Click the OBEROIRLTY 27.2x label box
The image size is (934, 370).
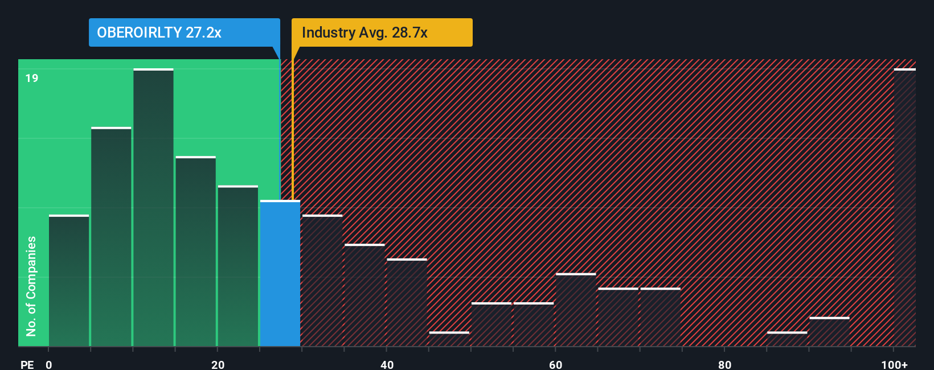point(184,32)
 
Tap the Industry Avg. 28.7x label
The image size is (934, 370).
point(382,32)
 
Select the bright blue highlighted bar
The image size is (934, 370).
point(280,273)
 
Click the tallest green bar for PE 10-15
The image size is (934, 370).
point(153,208)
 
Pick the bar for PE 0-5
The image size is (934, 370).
point(69,281)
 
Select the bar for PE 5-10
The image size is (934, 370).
point(111,237)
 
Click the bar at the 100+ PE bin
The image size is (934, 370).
point(904,208)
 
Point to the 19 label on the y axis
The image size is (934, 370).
point(32,78)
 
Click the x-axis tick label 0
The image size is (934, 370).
point(49,364)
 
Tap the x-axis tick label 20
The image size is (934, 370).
point(218,364)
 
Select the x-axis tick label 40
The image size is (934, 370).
point(387,364)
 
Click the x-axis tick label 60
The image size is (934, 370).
point(555,364)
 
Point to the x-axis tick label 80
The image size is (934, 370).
point(724,364)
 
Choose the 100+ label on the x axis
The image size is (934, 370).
point(894,364)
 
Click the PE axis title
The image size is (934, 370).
point(27,364)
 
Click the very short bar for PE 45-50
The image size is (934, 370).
point(449,339)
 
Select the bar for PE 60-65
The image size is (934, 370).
point(576,310)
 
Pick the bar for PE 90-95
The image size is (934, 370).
point(829,332)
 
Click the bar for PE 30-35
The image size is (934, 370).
point(322,281)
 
